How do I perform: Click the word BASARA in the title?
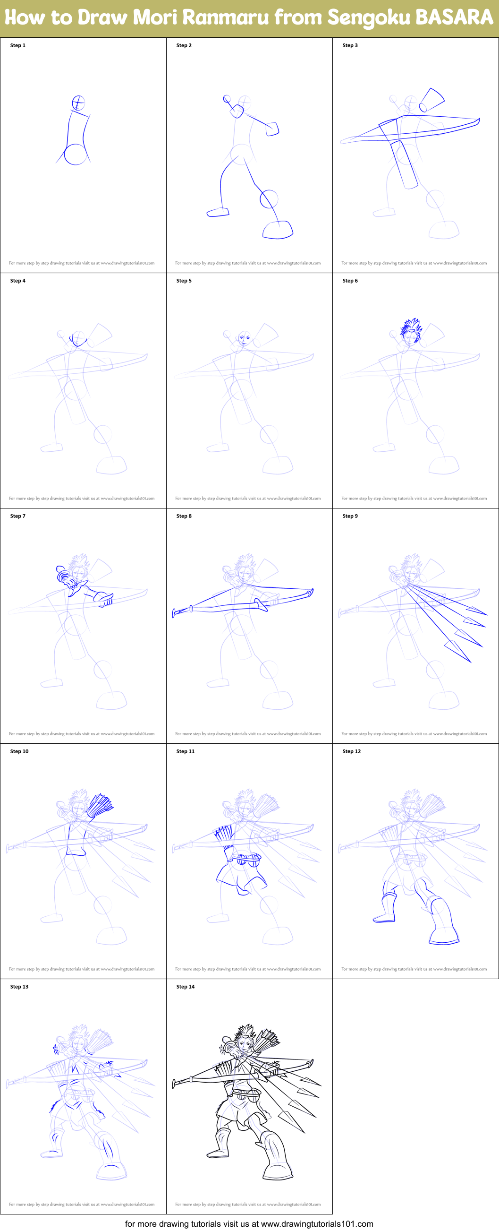454,17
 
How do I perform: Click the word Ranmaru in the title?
225,17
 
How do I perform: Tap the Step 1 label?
17,45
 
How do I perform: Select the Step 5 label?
184,281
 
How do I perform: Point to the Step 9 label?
350,516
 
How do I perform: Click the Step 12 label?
351,751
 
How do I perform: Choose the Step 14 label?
185,986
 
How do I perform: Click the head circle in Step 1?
78,103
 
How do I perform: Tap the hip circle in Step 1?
76,155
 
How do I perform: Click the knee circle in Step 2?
269,199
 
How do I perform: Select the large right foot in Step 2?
278,230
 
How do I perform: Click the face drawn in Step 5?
244,339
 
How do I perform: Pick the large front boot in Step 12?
443,922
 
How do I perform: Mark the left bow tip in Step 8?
175,612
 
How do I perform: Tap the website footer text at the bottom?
249,1224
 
